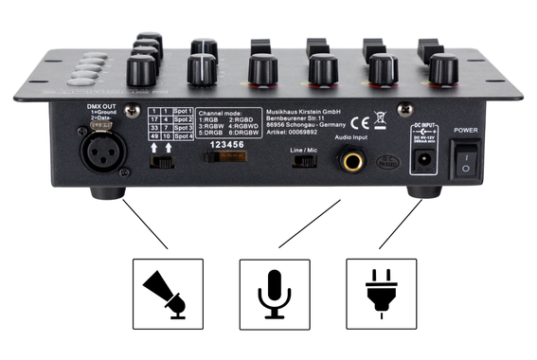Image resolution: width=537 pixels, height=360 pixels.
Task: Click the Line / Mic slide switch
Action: tap(305, 161)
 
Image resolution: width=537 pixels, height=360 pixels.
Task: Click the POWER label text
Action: tap(468, 130)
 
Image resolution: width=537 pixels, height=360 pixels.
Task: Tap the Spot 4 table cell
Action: tap(185, 137)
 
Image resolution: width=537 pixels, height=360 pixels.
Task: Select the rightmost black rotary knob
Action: tap(442, 69)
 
